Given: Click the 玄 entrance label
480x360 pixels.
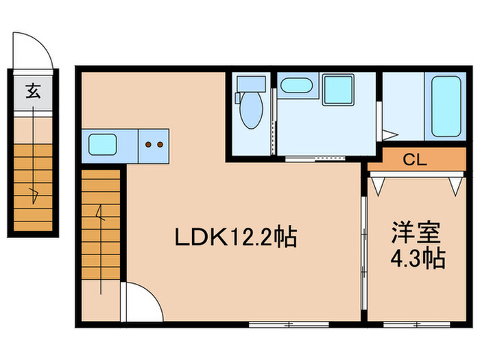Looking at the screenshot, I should pos(33,91).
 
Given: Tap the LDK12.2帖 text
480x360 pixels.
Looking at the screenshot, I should pos(235,237).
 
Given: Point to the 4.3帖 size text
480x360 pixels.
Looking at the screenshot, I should pos(418,259).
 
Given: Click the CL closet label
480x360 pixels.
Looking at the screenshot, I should pos(415,161).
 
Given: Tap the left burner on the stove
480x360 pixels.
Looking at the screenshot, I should pos(149,145).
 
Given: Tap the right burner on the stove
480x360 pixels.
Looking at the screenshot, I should pos(160,145).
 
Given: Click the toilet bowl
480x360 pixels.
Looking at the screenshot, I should pos(252,112).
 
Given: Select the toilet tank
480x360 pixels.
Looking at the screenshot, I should pos(250,84).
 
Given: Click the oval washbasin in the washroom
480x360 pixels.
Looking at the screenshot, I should pos(296,87).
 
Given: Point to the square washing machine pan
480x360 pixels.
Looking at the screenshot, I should pos(338,90).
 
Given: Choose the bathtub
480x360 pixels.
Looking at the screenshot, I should pos(448,106).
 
